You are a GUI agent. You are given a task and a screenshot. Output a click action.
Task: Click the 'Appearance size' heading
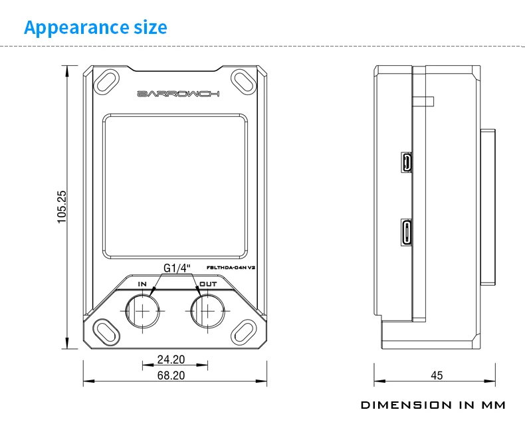96,27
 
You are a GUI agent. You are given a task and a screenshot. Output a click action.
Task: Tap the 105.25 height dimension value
61,206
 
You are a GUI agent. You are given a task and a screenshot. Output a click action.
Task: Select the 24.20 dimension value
171,360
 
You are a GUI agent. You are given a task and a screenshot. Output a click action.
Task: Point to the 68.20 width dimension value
171,376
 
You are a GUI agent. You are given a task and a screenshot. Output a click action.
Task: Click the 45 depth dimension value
436,376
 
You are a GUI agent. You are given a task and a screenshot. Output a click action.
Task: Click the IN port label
142,284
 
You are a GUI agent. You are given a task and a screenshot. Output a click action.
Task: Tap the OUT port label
208,284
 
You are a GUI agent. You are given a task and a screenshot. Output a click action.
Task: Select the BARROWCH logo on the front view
177,94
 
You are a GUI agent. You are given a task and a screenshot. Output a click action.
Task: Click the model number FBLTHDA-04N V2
232,267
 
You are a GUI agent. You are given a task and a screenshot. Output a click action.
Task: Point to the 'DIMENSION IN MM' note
433,405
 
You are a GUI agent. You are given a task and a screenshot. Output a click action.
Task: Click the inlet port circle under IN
142,310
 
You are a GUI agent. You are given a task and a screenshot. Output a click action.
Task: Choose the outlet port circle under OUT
207,310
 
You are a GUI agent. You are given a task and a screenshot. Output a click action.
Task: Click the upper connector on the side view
405,162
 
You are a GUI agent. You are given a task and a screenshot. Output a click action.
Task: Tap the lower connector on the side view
405,233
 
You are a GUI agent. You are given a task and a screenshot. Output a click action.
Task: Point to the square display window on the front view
175,187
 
